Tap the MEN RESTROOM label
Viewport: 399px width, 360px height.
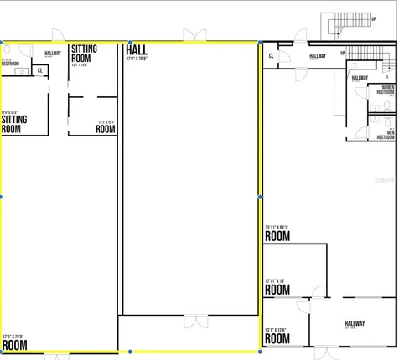point(385,135)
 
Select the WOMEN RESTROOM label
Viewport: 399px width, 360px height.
point(387,89)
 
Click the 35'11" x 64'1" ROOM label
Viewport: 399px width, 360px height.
point(277,236)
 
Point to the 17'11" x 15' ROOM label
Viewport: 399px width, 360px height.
point(277,290)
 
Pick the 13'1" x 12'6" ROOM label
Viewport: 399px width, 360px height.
point(277,341)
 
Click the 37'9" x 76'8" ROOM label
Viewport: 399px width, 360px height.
point(14,343)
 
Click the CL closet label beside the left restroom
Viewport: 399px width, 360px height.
point(40,71)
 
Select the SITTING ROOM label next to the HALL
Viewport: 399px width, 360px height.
point(84,54)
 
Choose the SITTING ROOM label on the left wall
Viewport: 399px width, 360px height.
point(13,125)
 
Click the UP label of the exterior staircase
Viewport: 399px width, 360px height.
point(372,18)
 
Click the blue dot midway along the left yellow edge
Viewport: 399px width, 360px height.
point(1,197)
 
